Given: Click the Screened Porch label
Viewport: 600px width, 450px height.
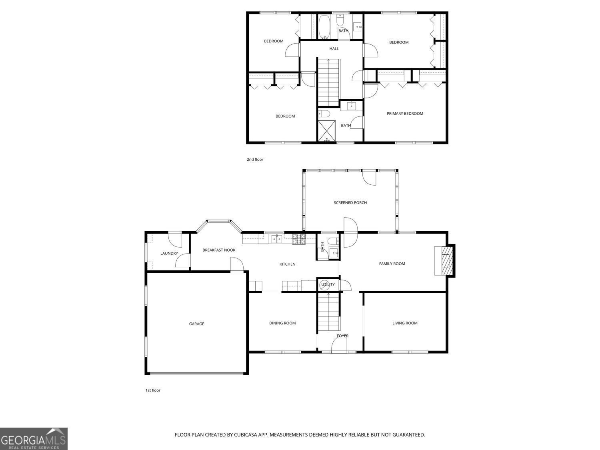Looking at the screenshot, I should point(350,203).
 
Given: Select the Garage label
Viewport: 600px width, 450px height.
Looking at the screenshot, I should point(196,324).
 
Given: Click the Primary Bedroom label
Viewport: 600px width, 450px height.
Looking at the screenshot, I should point(404,114).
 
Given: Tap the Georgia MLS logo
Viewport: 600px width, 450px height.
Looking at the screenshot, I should point(34,439).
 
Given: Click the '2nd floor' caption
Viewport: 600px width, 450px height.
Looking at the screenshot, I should point(255,160).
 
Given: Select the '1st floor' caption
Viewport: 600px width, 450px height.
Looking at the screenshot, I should point(152,390).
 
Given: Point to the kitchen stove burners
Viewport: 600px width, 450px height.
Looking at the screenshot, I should point(298,239).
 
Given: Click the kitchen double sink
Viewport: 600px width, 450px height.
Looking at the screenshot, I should point(276,239).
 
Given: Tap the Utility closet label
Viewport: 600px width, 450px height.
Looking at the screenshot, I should point(328,284).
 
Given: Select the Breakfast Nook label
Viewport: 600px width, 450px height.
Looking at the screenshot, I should point(219,250).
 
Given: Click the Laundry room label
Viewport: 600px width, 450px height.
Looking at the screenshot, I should point(169,254).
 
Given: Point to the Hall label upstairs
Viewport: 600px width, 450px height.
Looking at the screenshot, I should point(334,49).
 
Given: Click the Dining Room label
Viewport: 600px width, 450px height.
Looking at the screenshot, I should point(282,323).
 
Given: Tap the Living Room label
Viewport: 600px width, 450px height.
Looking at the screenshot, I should point(404,323).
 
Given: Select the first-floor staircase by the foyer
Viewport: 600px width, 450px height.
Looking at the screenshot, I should point(328,312).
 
